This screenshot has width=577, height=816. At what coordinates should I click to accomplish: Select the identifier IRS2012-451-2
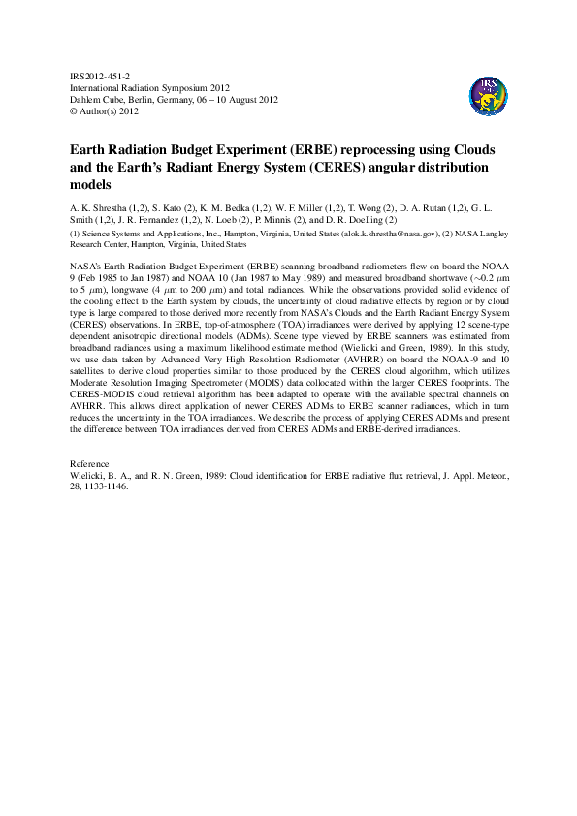coord(101,75)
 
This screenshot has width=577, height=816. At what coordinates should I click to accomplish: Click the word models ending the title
coord(91,184)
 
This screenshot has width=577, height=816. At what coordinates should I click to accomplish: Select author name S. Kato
coord(175,207)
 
